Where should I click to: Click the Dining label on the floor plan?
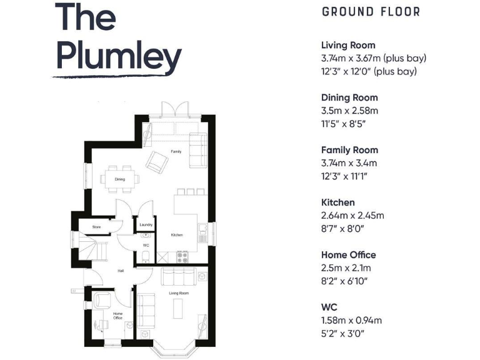click(x=119, y=179)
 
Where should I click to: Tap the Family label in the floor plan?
click(x=176, y=152)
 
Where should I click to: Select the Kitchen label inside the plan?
click(x=177, y=235)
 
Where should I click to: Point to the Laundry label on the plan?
click(x=146, y=225)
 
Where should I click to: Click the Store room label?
click(x=96, y=227)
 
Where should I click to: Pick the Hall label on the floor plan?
click(x=121, y=271)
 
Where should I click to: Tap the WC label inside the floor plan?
click(x=146, y=245)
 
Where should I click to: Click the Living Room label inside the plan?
click(x=179, y=292)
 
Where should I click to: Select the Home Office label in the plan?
click(x=117, y=316)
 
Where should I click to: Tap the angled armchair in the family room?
click(x=156, y=164)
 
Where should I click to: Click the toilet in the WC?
click(x=145, y=254)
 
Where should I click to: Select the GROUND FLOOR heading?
click(x=371, y=12)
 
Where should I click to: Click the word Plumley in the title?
click(x=119, y=57)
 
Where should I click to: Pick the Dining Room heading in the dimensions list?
click(x=349, y=97)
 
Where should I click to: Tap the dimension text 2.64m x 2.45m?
click(x=352, y=216)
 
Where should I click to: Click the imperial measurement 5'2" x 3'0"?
click(x=342, y=334)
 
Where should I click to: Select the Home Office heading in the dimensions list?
click(x=349, y=255)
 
